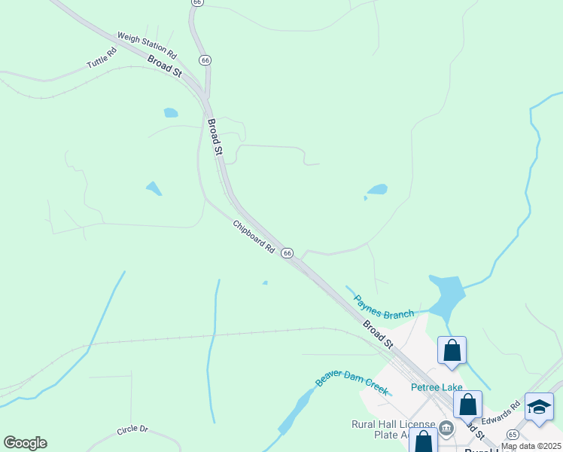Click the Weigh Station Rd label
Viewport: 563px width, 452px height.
pyautogui.click(x=147, y=46)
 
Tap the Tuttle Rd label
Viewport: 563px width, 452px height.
pyautogui.click(x=102, y=58)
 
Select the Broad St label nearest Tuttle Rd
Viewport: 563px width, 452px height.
pyautogui.click(x=165, y=66)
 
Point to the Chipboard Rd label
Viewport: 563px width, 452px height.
pyautogui.click(x=254, y=236)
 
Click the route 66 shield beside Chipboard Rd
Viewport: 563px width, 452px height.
pyautogui.click(x=287, y=254)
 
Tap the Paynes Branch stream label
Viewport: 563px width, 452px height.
pyautogui.click(x=384, y=307)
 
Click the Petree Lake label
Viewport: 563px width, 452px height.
pyautogui.click(x=437, y=388)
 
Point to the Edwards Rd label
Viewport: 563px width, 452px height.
pyautogui.click(x=501, y=411)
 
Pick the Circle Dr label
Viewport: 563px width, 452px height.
pyautogui.click(x=132, y=430)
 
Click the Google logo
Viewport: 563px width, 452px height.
pyautogui.click(x=25, y=443)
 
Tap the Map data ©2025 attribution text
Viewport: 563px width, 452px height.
pyautogui.click(x=531, y=446)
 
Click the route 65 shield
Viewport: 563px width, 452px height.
pyautogui.click(x=513, y=435)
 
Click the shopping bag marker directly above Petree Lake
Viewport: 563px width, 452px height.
pyautogui.click(x=452, y=350)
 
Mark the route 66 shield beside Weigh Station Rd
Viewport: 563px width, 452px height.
pyautogui.click(x=205, y=60)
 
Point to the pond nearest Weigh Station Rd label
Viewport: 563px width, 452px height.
pyautogui.click(x=171, y=113)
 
